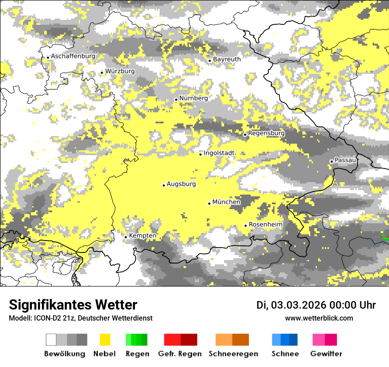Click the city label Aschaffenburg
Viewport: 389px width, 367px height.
pyautogui.click(x=73, y=56)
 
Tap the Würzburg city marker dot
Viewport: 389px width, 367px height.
pyautogui.click(x=102, y=73)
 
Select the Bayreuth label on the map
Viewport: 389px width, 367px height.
pyautogui.click(x=227, y=59)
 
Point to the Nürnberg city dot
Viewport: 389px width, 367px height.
pyautogui.click(x=176, y=100)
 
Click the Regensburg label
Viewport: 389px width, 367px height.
pyautogui.click(x=266, y=133)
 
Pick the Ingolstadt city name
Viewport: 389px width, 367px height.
pyautogui.click(x=219, y=153)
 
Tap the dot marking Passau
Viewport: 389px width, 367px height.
pyautogui.click(x=332, y=161)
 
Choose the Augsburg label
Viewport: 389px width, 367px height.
pyautogui.click(x=181, y=184)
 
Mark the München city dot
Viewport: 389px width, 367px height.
pyautogui.click(x=209, y=203)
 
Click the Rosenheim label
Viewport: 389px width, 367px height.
pyautogui.click(x=265, y=225)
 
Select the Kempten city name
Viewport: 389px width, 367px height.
pyautogui.click(x=142, y=236)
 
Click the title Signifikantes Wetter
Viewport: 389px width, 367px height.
pyautogui.click(x=73, y=305)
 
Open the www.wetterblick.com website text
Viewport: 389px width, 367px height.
pyautogui.click(x=319, y=318)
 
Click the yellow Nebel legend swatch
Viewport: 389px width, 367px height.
pyautogui.click(x=105, y=340)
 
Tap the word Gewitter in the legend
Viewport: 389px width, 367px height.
pyautogui.click(x=326, y=354)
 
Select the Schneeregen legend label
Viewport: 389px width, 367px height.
pyautogui.click(x=233, y=354)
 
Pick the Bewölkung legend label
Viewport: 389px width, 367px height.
pyautogui.click(x=65, y=354)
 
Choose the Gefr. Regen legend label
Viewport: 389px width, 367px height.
pyautogui.click(x=179, y=354)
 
